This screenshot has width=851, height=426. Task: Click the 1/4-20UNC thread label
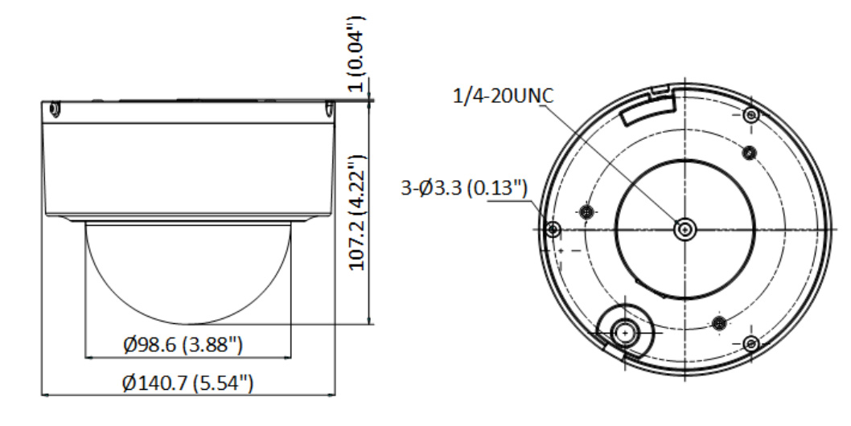click(503, 96)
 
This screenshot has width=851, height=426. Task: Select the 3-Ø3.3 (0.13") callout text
click(464, 188)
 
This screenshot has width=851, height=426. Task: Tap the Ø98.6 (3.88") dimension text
click(183, 344)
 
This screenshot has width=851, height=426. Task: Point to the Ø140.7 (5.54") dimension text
click(187, 383)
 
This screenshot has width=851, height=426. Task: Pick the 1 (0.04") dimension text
click(356, 54)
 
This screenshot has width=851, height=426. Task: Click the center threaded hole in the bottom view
click(685, 230)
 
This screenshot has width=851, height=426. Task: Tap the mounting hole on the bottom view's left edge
click(553, 229)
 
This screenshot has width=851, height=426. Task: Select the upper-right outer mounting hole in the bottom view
click(751, 114)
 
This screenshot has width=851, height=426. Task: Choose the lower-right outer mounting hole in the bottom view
click(750, 343)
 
